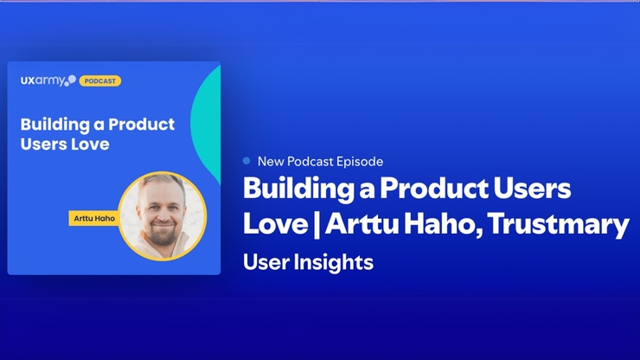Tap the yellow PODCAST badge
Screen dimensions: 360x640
[100, 81]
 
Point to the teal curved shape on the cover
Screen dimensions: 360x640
[208, 121]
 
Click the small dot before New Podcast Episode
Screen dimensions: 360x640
[247, 161]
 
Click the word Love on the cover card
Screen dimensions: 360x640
[90, 144]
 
